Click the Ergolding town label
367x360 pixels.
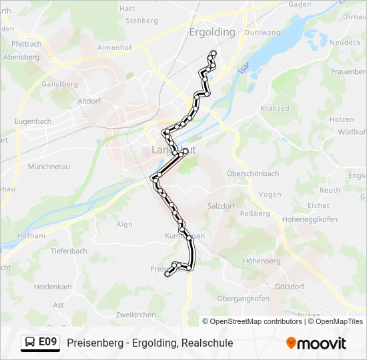pos(212,32)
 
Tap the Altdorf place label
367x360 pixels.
pos(89,101)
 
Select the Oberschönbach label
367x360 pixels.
pos(253,173)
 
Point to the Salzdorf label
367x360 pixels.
pos(223,207)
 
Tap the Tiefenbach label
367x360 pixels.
pos(69,251)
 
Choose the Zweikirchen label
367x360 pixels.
pos(135,315)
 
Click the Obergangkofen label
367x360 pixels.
pos(243,298)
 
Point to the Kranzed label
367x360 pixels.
pos(275,108)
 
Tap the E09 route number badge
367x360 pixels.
pos(47,343)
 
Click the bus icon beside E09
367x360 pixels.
pos(31,343)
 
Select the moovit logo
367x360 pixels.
pos(316,343)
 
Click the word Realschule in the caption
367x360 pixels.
pos(206,343)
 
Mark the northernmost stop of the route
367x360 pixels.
pos(214,53)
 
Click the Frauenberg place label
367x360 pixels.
pos(349,71)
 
